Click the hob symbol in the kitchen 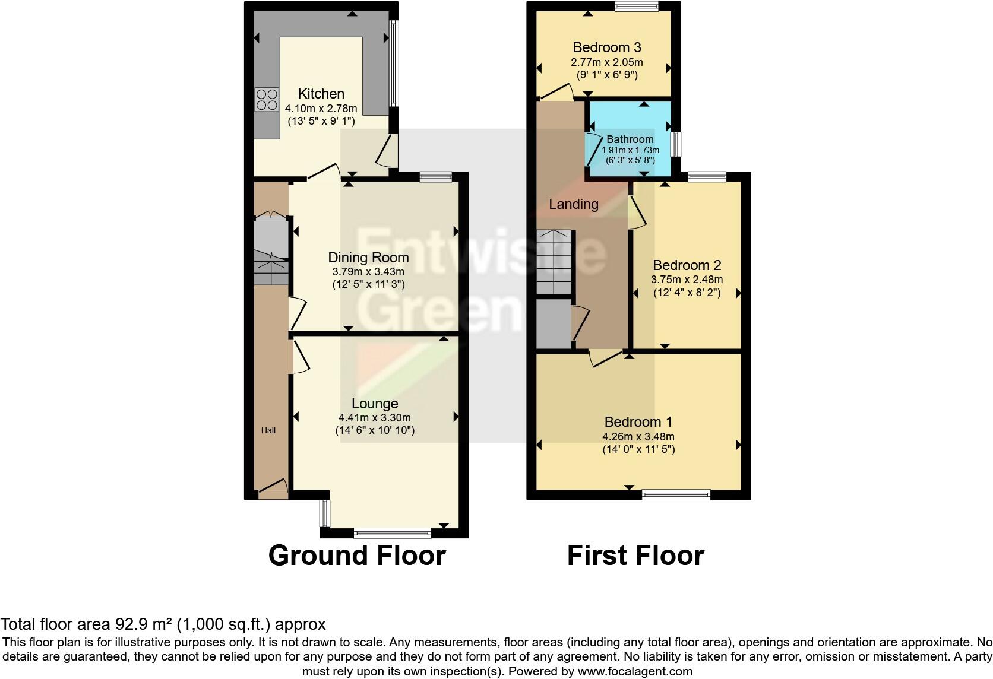267,100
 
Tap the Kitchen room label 321,94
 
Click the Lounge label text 374,404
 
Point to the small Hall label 268,430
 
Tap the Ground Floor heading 356,556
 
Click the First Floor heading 635,556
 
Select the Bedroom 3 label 606,47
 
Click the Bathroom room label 630,139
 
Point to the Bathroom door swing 593,149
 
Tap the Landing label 573,204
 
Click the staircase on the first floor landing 554,261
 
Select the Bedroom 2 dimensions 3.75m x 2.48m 687,280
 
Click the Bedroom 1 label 638,422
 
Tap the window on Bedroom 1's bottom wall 676,494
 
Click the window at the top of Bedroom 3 636,7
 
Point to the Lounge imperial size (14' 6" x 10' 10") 374,430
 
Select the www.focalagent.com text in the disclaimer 635,672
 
